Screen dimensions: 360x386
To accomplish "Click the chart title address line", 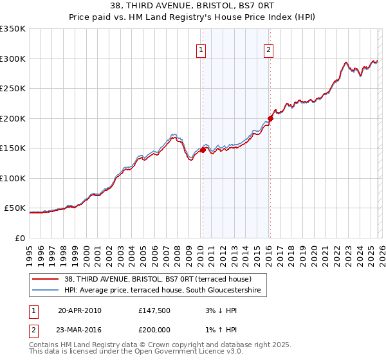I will click(x=193, y=6).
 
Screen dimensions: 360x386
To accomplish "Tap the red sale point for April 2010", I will click(x=203, y=150).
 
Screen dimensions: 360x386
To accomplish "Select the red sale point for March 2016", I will click(x=270, y=118).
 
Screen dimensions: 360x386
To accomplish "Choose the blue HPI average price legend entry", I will click(x=165, y=291).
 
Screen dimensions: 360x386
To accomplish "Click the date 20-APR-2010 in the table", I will click(x=79, y=310).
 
